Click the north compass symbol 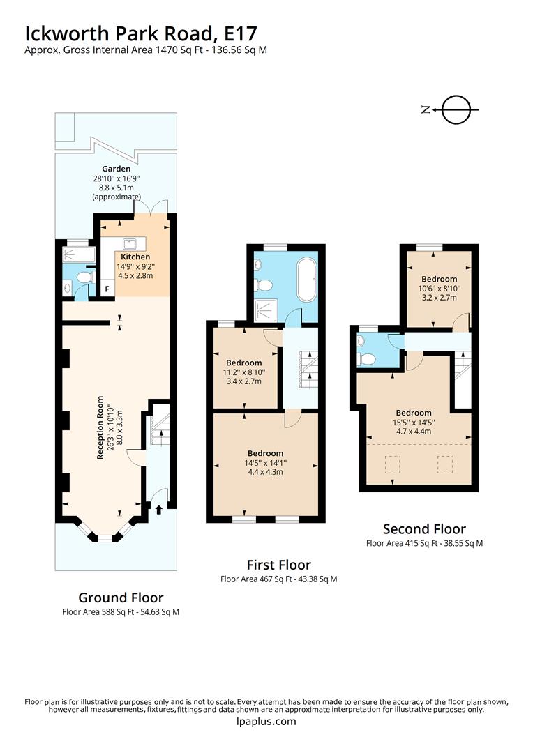pos(457,109)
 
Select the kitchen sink pos(130,243)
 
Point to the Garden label pos(116,169)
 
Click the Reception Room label pos(100,427)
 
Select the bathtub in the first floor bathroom pos(306,280)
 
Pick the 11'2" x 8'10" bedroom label pos(243,363)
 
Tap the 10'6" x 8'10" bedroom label pos(439,279)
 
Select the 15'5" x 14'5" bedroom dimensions pos(414,421)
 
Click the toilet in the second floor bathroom pos(367,359)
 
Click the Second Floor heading pos(424,529)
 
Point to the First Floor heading pos(278,565)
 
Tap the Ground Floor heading pos(121,598)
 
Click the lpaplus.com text pos(266,722)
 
